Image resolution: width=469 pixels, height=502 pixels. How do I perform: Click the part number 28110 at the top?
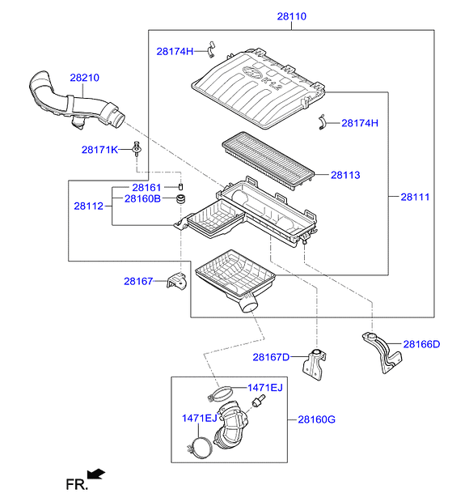tap(292, 16)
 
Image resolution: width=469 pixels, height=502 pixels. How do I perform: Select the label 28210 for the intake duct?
tap(84, 78)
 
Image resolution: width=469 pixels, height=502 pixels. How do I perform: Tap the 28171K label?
tap(99, 150)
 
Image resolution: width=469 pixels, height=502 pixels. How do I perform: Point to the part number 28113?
tap(345, 175)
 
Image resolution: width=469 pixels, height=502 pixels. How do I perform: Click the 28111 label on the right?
tap(415, 197)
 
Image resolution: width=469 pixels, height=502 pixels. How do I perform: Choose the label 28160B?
tap(142, 198)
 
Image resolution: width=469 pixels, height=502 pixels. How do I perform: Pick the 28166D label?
tap(421, 344)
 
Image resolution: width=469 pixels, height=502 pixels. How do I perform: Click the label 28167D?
tap(271, 357)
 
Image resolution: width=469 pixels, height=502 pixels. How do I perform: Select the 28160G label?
tap(316, 419)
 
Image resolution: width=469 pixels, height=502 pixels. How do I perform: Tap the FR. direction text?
tap(77, 485)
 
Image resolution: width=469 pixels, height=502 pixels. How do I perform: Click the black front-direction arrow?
tap(96, 474)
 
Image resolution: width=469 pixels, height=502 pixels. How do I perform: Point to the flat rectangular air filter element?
tap(268, 161)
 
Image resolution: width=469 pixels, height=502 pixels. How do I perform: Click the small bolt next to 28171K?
tap(137, 148)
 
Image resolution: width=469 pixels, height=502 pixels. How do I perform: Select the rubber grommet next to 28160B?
tap(181, 198)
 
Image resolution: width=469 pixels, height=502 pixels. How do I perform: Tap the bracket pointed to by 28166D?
tap(382, 352)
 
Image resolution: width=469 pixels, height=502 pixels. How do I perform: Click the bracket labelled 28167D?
tap(315, 365)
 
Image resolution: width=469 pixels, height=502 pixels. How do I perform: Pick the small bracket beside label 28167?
tap(176, 280)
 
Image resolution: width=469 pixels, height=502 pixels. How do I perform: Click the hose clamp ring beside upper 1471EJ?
tap(219, 394)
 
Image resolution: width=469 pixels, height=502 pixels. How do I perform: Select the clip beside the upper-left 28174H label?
tap(211, 49)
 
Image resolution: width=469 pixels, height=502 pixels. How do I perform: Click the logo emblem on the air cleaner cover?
tap(252, 71)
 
